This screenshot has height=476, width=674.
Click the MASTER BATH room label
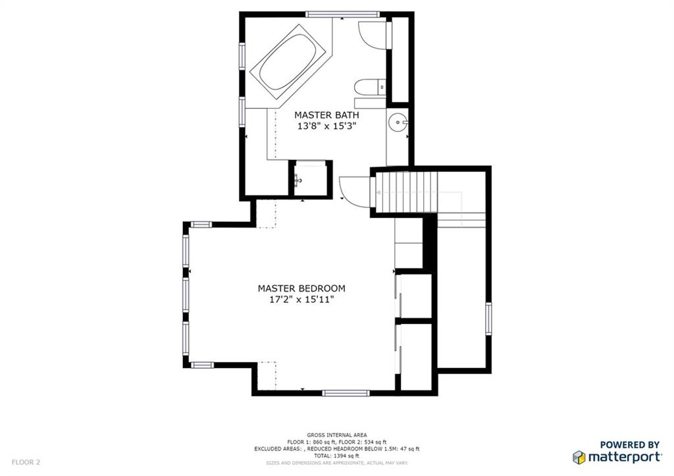coord(326,115)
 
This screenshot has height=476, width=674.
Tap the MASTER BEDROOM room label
coord(301,288)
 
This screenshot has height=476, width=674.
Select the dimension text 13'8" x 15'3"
coord(327,126)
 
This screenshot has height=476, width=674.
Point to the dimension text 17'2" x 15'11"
coord(301,300)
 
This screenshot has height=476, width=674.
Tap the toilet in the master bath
coord(370,88)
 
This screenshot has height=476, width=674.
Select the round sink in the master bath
coord(398,122)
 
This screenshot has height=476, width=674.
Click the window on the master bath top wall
coord(342,14)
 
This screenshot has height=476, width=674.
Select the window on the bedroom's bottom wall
coord(346,392)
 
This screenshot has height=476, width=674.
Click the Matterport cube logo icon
coord(579,457)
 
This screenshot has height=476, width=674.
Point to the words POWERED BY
coord(630,444)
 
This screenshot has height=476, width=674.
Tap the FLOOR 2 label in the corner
coord(26,463)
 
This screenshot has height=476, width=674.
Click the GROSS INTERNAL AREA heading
coord(337,435)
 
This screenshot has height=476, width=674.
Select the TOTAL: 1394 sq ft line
coord(337,456)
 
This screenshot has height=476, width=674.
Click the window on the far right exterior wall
coord(489,319)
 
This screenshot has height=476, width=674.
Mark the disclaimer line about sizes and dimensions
coord(337,463)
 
